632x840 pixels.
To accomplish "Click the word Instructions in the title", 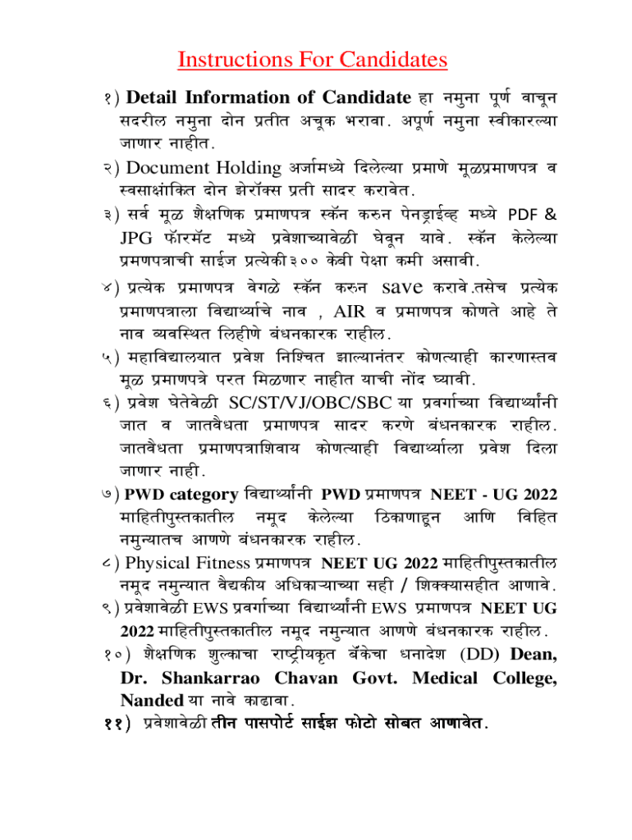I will (x=232, y=60).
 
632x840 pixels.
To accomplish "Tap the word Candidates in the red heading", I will (x=386, y=60).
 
